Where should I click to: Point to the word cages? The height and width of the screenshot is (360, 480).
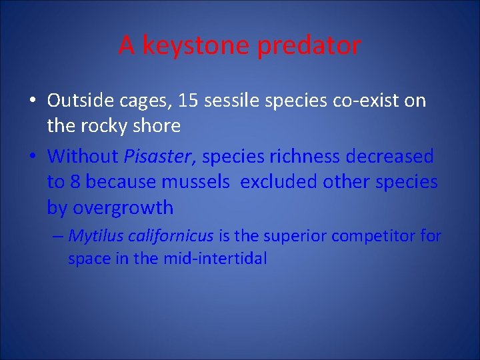click(x=139, y=102)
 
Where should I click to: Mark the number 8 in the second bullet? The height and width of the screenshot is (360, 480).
click(x=75, y=182)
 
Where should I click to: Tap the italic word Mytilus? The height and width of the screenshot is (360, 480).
click(x=93, y=236)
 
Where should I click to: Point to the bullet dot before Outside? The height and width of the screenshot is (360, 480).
click(x=33, y=101)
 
